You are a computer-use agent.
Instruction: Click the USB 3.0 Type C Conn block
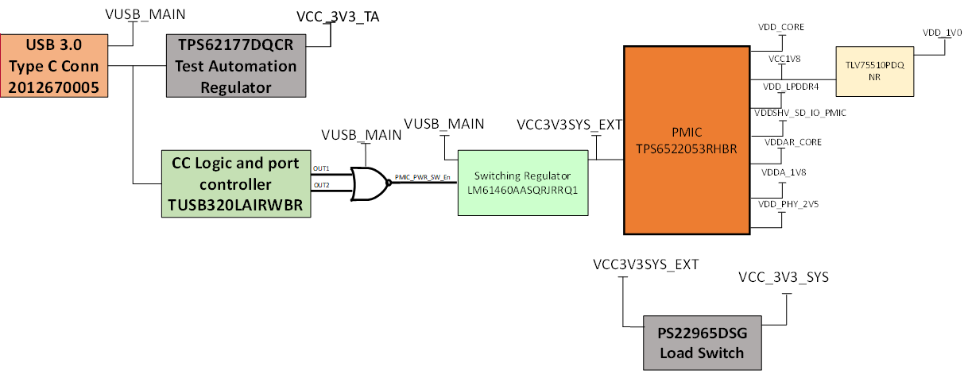(x=54, y=66)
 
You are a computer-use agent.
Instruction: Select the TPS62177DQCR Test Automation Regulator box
(x=237, y=66)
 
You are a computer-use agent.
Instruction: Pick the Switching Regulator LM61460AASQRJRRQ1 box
(x=522, y=183)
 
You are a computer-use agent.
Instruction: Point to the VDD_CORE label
(x=781, y=27)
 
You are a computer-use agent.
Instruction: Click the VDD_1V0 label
(x=942, y=33)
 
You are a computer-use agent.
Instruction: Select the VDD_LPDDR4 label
(x=780, y=87)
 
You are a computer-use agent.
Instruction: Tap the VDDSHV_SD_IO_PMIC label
(x=799, y=114)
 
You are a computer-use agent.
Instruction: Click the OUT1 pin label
(x=321, y=168)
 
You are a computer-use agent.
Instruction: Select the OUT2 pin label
(x=321, y=185)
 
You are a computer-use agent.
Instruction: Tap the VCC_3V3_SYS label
(x=784, y=277)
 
